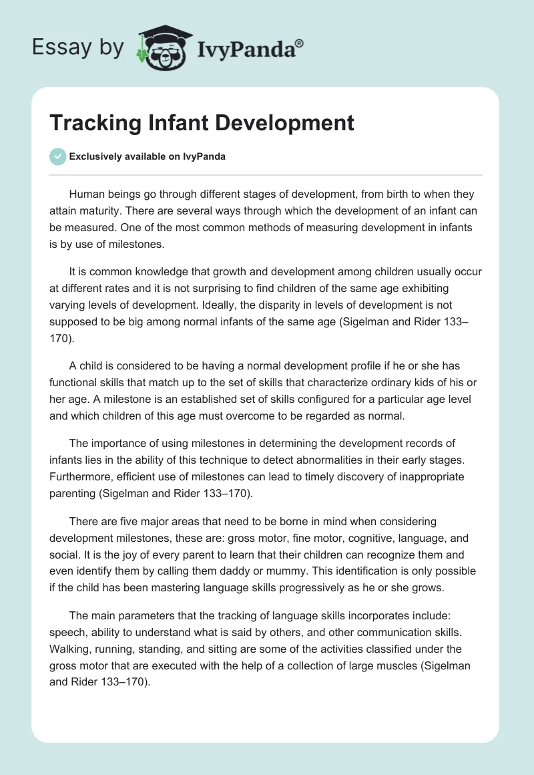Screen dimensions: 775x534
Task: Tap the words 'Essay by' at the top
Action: point(79,47)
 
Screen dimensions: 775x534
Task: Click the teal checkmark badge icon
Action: point(58,156)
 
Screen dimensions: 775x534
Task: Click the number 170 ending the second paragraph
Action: point(61,339)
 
